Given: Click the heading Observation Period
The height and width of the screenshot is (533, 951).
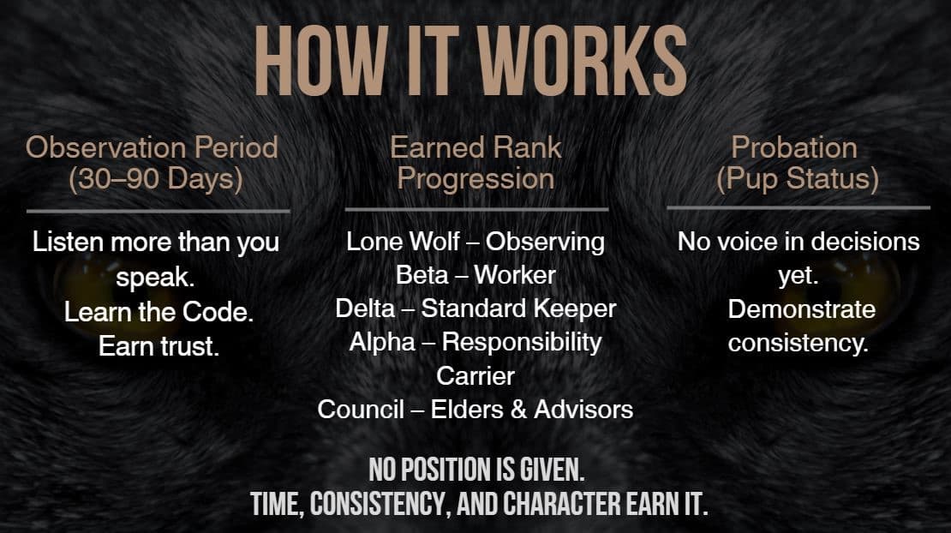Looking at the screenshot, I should click(153, 147).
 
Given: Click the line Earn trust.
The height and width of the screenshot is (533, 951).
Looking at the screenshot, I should click(158, 346).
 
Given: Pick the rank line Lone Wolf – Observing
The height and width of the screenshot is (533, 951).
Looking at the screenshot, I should click(475, 242).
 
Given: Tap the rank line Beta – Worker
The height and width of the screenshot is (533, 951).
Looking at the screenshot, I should click(475, 275).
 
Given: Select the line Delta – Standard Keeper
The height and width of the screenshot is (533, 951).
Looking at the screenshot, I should click(475, 308).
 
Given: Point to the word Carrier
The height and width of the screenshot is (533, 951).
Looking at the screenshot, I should click(475, 375).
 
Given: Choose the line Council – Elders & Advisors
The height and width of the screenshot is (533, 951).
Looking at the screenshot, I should click(475, 409).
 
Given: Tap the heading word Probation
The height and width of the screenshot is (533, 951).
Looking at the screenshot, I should click(794, 147).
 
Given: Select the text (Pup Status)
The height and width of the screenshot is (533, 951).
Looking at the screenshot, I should click(798, 179).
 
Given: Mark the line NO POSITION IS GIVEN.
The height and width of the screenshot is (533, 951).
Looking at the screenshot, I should click(476, 470).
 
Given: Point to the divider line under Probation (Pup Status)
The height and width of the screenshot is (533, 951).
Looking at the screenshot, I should click(798, 207).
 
